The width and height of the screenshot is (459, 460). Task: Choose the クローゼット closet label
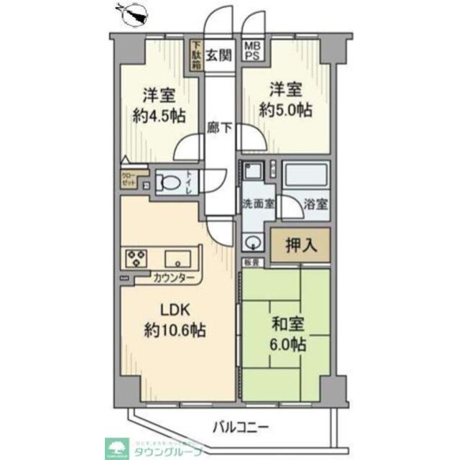tap(128, 178)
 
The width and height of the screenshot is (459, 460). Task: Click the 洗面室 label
tap(257, 203)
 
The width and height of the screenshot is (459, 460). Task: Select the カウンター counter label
tap(173, 277)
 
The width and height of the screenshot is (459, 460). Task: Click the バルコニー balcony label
tap(241, 428)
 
